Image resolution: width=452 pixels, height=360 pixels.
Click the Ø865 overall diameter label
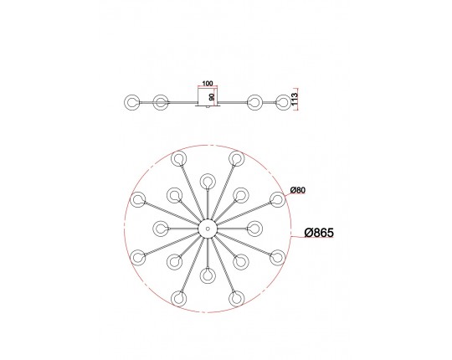pyautogui.click(x=319, y=233)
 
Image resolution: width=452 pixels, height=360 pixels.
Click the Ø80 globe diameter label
pyautogui.click(x=298, y=190)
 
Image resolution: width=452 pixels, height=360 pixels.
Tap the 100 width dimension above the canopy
pyautogui.click(x=208, y=83)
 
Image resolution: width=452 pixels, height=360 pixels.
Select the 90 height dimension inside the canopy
pyautogui.click(x=212, y=97)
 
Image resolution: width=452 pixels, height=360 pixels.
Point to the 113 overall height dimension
pyautogui.click(x=295, y=99)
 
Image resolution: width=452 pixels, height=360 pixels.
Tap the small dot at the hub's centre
pyautogui.click(x=208, y=229)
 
